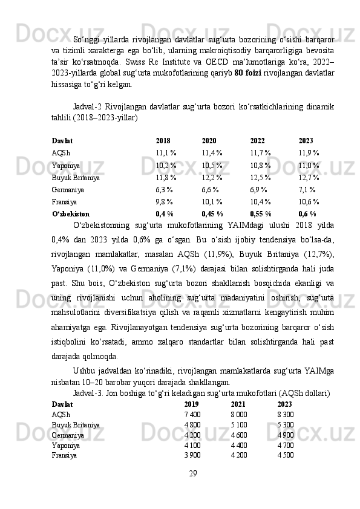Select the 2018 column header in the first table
163,140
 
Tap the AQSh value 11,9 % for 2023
309,152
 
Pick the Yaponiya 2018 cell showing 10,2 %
166,164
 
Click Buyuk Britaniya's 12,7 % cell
309,177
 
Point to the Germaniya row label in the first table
68,189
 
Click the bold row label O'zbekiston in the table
71,213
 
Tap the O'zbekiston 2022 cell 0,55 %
261,213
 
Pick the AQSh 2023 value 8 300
286,414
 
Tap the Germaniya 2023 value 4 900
286,435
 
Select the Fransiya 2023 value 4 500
286,455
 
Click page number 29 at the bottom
192,472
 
